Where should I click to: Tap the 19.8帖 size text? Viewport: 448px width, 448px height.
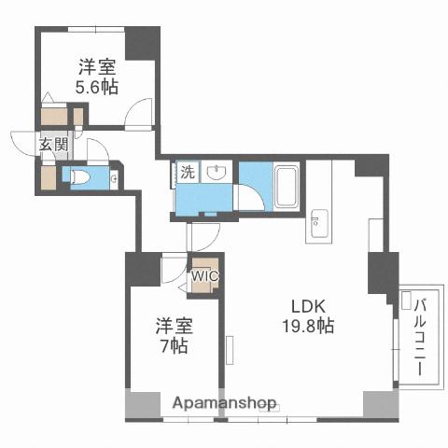309,327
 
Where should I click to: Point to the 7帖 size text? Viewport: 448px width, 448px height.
173,346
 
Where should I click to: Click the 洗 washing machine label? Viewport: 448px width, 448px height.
186,172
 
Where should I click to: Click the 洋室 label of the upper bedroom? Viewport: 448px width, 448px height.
96,66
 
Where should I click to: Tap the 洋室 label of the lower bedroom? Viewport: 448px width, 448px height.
173,328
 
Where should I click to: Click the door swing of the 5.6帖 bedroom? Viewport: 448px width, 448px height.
140,112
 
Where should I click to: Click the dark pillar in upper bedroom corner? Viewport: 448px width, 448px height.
143,44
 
